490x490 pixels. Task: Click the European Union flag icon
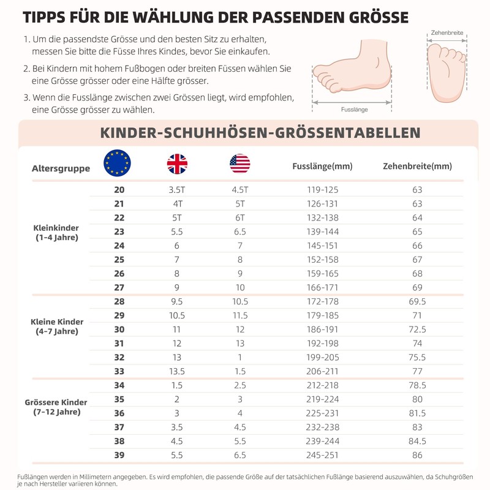click(118, 163)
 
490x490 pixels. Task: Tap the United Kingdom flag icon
click(177, 164)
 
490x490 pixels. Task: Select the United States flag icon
click(240, 164)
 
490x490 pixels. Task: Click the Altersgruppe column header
click(61, 168)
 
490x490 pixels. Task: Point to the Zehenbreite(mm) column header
click(417, 167)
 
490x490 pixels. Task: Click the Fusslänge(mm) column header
click(322, 167)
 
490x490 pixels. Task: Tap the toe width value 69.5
click(417, 302)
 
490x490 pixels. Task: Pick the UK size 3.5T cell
click(177, 190)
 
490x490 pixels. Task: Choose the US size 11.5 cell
click(239, 315)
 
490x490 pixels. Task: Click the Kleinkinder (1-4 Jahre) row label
click(56, 232)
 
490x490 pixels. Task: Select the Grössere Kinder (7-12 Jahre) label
click(56, 407)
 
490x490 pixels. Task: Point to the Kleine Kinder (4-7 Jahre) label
click(57, 326)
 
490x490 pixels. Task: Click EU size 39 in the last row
click(119, 456)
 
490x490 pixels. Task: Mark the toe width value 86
click(417, 456)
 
